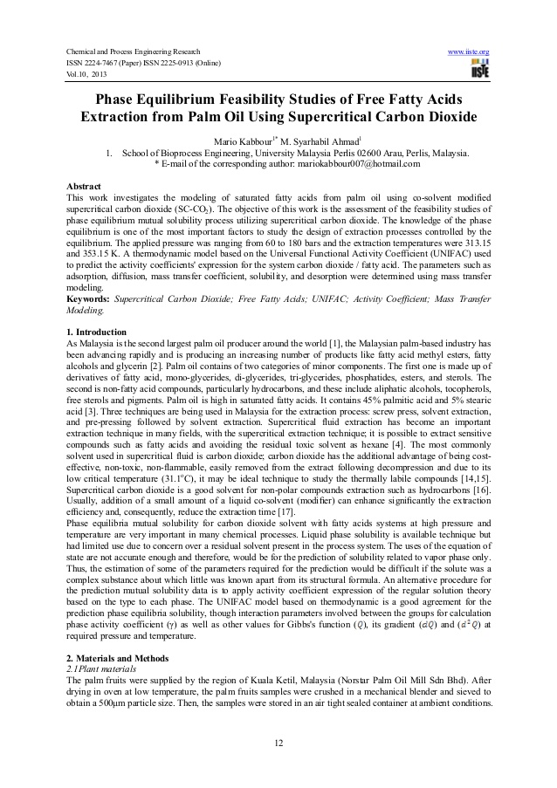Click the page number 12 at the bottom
click(278, 742)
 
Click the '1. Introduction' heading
click(98, 333)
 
